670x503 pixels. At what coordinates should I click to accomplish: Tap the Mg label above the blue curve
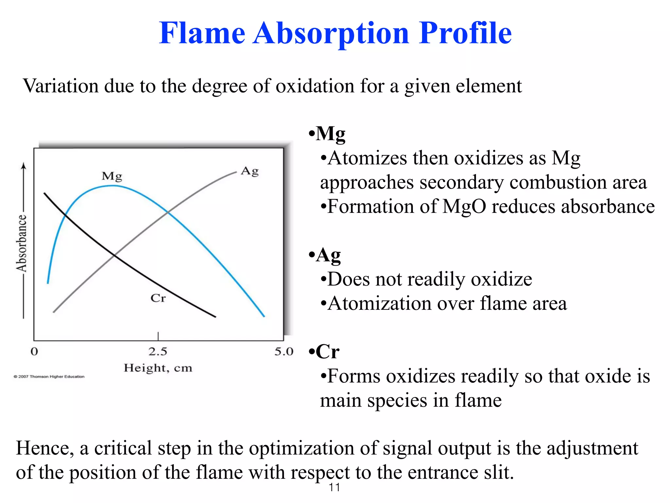(x=112, y=176)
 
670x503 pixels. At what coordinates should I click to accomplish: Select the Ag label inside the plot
(x=250, y=171)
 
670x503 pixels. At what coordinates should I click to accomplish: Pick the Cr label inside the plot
(x=158, y=298)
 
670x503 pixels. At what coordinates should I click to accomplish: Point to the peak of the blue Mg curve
(x=112, y=186)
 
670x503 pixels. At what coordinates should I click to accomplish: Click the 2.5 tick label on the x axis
(x=158, y=351)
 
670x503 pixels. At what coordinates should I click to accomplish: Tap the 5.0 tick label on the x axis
(x=284, y=351)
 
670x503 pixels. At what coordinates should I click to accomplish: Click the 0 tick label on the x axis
(x=34, y=351)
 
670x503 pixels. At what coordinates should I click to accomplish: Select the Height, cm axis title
(x=158, y=368)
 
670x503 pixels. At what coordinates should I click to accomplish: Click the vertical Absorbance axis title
(x=22, y=243)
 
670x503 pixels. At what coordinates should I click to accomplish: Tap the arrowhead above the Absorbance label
(x=23, y=166)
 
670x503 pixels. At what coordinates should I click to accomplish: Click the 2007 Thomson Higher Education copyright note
(x=49, y=377)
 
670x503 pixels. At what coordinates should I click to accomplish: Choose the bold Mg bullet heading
(x=330, y=134)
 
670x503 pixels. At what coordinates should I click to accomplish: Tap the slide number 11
(x=334, y=488)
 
